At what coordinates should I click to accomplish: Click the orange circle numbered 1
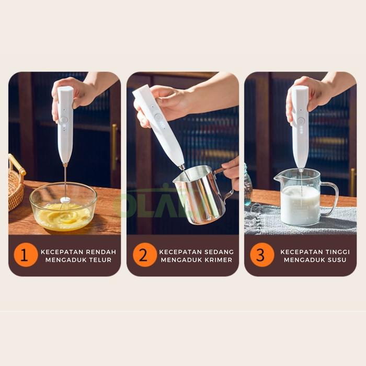(x=26, y=255)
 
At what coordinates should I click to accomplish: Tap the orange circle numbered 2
(x=145, y=255)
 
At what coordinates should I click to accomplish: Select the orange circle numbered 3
(x=262, y=255)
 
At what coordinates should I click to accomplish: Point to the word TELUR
(x=100, y=260)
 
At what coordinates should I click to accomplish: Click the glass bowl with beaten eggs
(x=63, y=207)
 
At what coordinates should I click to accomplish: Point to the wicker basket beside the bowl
(x=16, y=182)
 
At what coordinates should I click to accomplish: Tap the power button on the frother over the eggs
(x=64, y=120)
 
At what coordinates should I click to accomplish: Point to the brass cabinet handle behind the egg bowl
(x=114, y=147)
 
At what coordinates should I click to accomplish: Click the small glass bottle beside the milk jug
(x=248, y=185)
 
